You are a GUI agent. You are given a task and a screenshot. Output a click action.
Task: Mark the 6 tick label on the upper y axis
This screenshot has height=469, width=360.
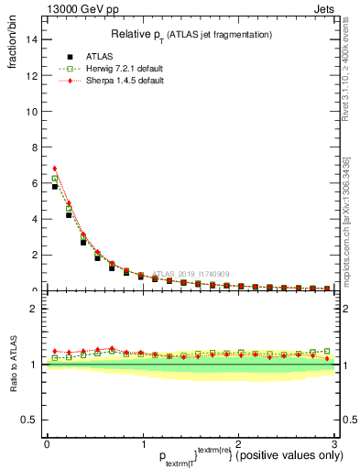tap(33, 183)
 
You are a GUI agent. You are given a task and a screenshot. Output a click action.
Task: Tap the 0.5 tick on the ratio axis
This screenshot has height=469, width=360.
tap(28, 420)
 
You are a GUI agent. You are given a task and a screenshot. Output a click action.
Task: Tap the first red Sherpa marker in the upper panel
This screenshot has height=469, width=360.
tap(55, 169)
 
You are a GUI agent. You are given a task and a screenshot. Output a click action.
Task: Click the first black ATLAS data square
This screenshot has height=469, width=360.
tap(55, 187)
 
